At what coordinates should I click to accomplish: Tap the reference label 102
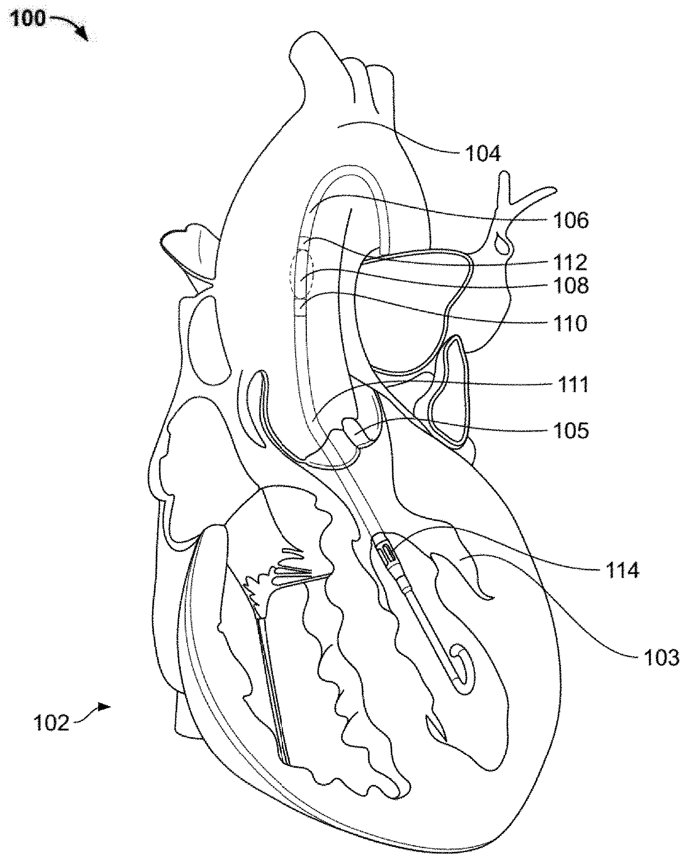[51, 723]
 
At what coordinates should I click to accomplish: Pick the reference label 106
[571, 220]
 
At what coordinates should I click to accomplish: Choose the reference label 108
[571, 286]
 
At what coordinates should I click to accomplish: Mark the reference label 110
[571, 322]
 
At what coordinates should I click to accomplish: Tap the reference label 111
[572, 384]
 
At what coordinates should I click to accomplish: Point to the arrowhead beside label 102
[104, 706]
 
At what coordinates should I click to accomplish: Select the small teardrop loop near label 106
[504, 242]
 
